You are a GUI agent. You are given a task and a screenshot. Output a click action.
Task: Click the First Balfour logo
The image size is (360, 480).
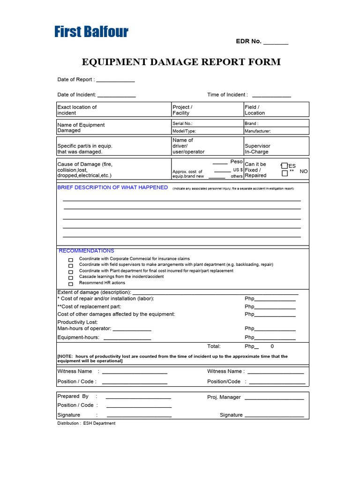point(91,32)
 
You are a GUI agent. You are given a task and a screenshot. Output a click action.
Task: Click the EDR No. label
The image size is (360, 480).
point(248,41)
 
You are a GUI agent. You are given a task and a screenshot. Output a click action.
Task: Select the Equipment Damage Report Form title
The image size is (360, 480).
point(181,62)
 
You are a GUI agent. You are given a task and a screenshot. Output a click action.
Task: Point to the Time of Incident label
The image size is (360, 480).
point(227,95)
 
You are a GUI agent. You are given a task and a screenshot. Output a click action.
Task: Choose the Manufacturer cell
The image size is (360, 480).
point(276,131)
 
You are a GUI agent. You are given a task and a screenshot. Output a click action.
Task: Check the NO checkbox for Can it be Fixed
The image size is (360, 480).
point(285,173)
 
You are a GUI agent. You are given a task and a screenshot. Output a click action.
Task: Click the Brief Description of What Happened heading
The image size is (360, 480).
point(112,187)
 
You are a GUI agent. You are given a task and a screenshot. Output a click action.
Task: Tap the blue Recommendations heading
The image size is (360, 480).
point(87,251)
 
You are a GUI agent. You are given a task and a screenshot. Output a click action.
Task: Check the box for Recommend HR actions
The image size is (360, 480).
point(71,284)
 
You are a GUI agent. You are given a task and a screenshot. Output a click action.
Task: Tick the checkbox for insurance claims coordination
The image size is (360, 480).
point(71,260)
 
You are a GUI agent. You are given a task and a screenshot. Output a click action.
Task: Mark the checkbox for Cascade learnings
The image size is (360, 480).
point(71,277)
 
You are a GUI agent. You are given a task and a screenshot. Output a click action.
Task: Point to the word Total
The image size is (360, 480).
point(214,346)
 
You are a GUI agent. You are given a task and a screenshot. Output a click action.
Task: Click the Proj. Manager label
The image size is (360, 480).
point(224,397)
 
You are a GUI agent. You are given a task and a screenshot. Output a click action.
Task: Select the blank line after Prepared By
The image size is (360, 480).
point(138,397)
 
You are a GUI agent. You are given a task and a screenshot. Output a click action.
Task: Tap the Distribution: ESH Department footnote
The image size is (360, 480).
point(86,423)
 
